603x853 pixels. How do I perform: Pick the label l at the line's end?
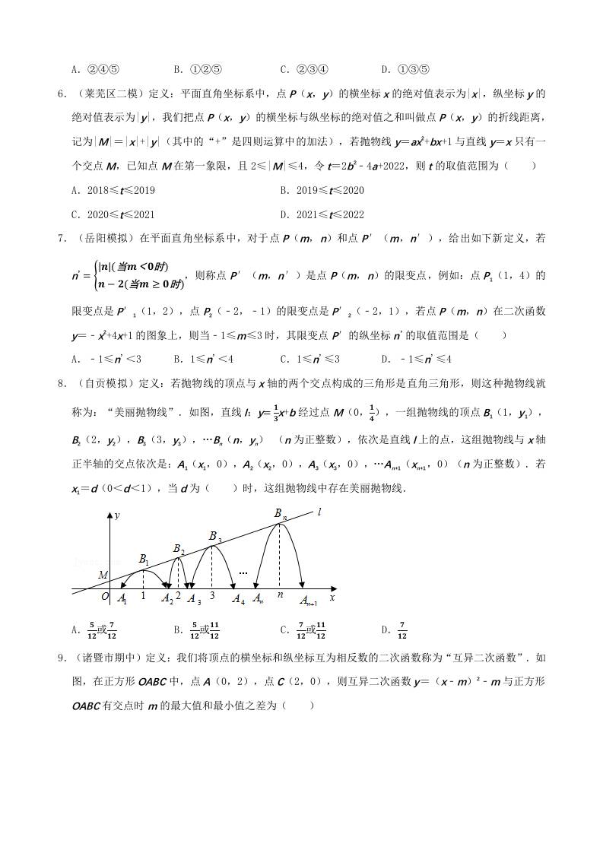point(319,512)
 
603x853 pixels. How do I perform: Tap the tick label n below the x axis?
point(279,596)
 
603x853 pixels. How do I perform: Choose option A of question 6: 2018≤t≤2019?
point(113,190)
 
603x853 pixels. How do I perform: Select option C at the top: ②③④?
point(304,70)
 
